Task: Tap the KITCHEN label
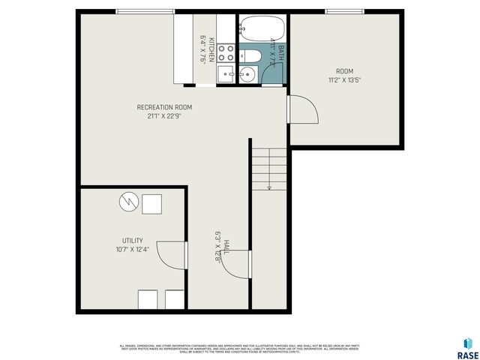[212, 49]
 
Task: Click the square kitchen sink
[225, 73]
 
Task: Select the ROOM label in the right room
[345, 71]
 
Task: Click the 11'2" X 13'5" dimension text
[345, 79]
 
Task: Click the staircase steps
[268, 169]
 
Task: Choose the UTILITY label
[133, 241]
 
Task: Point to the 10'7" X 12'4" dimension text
[133, 249]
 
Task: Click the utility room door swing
[173, 256]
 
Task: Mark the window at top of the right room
[346, 10]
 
